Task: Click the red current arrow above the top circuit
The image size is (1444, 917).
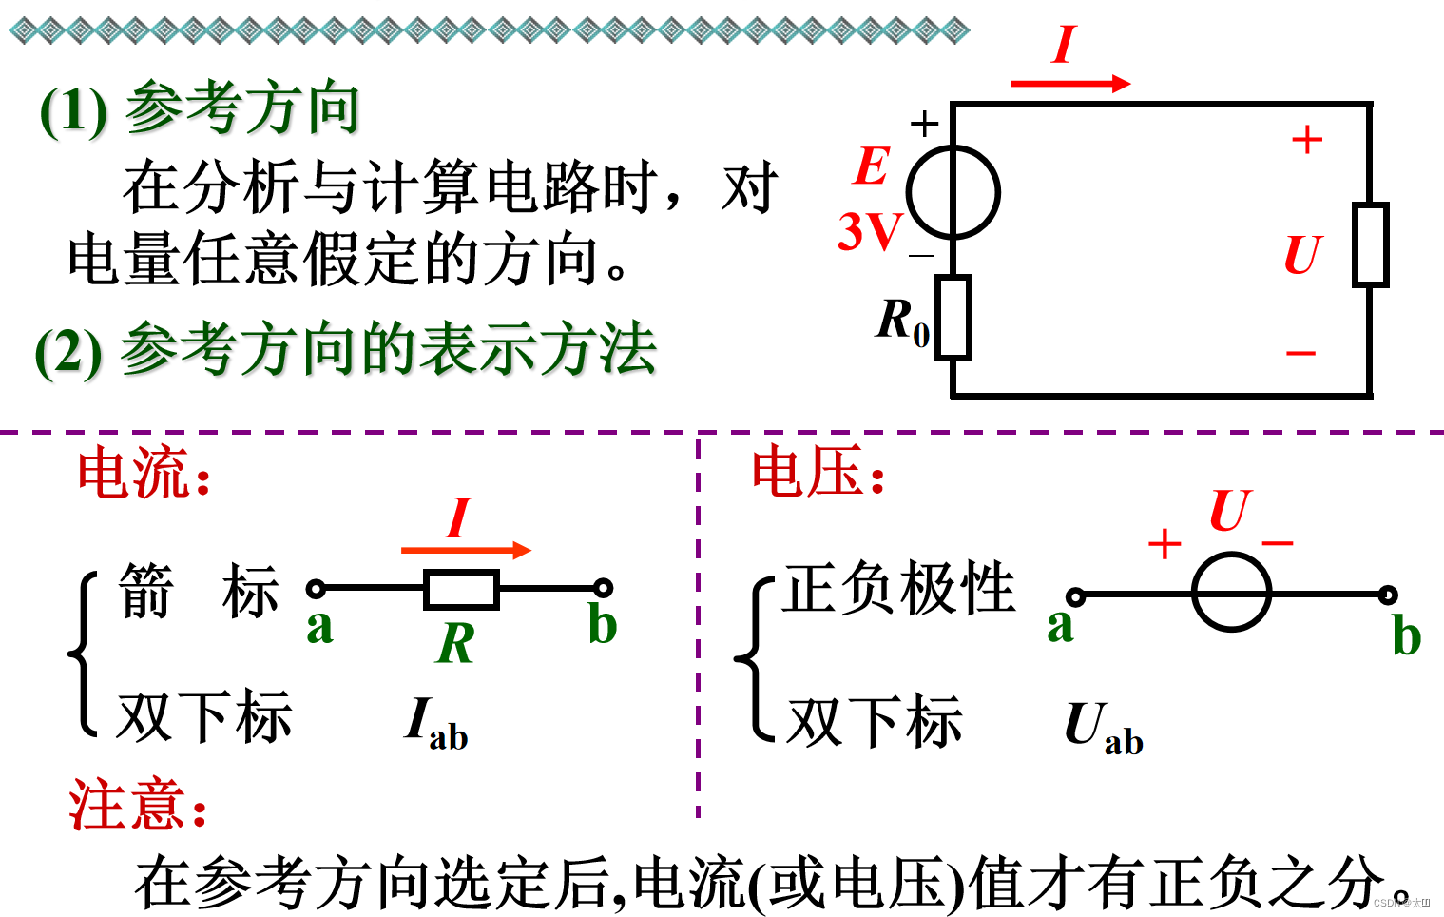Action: point(1069,84)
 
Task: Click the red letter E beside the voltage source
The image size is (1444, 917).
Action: point(871,166)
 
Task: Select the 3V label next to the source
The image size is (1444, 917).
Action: point(869,231)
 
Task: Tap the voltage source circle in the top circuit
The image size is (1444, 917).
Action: point(953,192)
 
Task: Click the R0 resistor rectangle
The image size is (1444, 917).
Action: point(953,318)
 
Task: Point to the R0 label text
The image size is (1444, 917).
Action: point(902,321)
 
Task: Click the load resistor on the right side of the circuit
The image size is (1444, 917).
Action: point(1370,244)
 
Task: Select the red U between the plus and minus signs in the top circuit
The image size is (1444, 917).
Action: point(1302,255)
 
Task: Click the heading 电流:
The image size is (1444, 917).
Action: point(144,474)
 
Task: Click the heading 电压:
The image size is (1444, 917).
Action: point(818,472)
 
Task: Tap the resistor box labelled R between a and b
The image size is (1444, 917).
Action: point(461,589)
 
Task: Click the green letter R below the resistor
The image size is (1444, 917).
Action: point(456,644)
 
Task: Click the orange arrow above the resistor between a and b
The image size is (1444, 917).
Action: point(466,550)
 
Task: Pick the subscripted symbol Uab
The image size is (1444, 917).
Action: point(1103,729)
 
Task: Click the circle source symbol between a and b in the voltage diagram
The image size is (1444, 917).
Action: point(1231,595)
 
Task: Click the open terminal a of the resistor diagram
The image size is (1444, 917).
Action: point(317,589)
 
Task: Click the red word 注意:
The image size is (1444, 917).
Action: point(138,805)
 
